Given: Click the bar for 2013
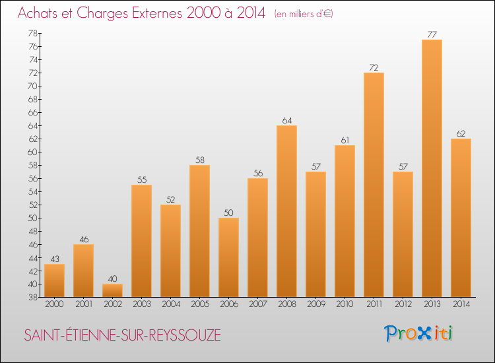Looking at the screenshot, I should [432, 168].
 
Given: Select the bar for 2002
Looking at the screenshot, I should [112, 290].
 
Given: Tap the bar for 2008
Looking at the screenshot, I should [286, 211].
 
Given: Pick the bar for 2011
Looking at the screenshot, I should [374, 185].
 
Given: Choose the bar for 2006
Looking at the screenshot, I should [228, 257].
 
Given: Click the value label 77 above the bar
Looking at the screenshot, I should [432, 34].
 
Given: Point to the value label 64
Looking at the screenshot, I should [286, 120].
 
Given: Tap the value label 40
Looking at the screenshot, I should [112, 279].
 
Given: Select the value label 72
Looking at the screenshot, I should [374, 67].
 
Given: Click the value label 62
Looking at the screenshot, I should [461, 133].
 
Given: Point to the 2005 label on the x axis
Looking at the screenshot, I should [199, 304].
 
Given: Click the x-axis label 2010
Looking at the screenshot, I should [345, 304].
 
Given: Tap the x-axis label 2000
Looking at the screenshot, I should [54, 304].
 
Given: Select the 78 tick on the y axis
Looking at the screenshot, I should [32, 33].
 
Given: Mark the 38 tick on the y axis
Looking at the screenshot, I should [32, 297].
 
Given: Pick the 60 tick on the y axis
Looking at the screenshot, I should [32, 152].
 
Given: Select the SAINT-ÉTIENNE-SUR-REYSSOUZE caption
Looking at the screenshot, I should [123, 335].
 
